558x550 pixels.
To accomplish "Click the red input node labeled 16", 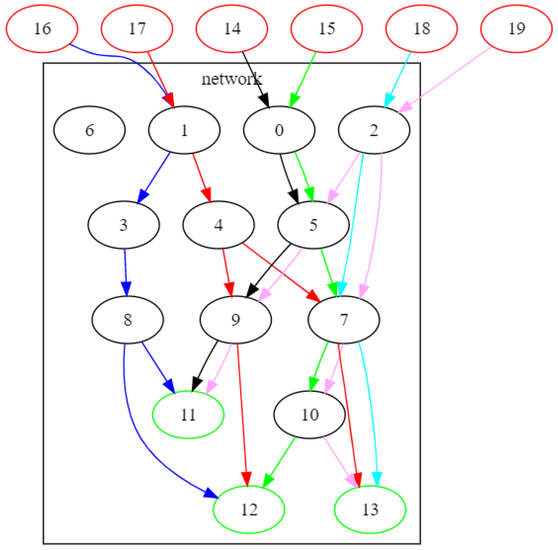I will click(x=42, y=29).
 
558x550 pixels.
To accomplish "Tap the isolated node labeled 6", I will click(x=89, y=130).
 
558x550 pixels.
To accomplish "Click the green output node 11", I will click(x=188, y=415).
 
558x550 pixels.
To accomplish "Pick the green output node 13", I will click(x=370, y=509).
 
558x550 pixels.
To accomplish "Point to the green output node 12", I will click(x=249, y=509).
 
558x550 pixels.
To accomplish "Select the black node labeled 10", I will click(x=309, y=415).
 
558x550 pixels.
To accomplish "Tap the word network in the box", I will click(x=232, y=79).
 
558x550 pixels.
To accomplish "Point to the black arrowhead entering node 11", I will click(x=197, y=383).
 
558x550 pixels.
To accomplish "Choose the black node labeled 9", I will click(x=236, y=320).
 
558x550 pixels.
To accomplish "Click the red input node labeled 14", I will click(x=232, y=29).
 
